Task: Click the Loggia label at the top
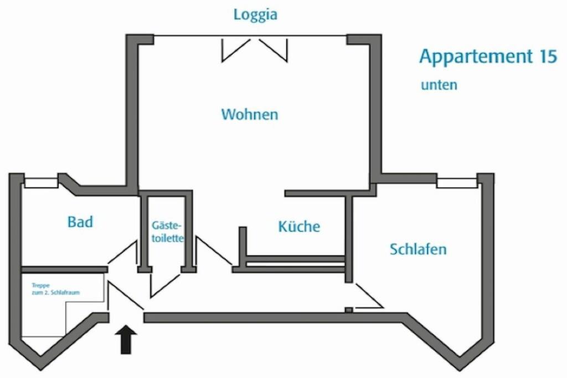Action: pos(255,15)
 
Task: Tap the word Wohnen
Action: pos(250,115)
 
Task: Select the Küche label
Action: pos(299,226)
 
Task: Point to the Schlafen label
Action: pos(418,249)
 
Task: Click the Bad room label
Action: pos(80,222)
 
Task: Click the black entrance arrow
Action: pos(127,339)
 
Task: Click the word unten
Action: pos(439,85)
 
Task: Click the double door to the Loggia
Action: pos(254,49)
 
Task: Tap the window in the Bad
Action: pos(42,182)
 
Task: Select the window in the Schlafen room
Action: pos(456,182)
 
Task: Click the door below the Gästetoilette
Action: pos(165,283)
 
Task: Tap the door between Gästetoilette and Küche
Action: pos(213,252)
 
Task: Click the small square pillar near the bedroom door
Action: pos(348,310)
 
